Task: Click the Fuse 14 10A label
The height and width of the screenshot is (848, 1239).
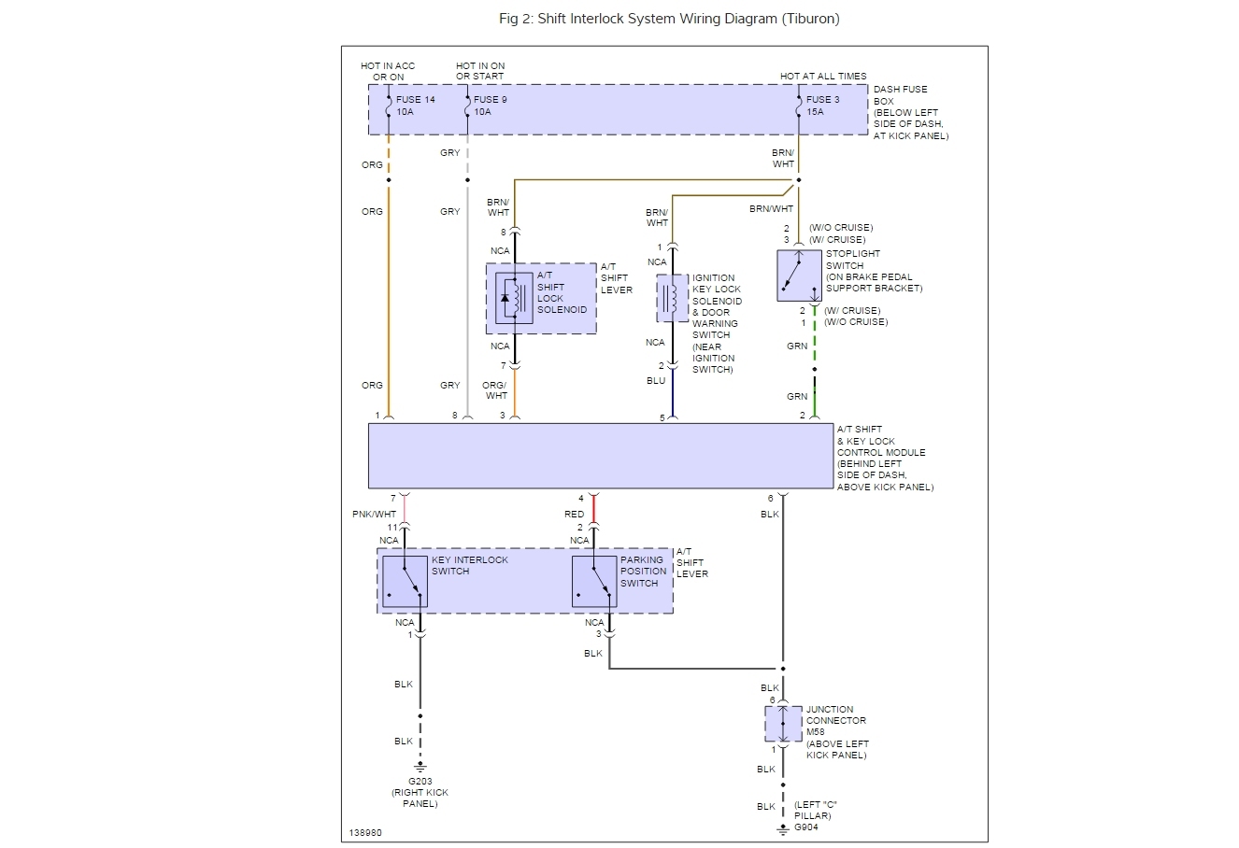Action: coord(415,106)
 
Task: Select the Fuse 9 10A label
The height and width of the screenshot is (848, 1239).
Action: coord(490,106)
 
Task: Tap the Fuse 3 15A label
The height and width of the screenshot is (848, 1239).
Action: coord(822,106)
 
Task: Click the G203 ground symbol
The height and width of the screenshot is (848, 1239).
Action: coord(420,767)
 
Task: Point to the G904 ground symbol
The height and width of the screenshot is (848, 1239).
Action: coord(783,829)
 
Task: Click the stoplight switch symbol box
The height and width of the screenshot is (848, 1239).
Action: coord(799,276)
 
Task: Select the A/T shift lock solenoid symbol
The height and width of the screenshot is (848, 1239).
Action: coord(514,298)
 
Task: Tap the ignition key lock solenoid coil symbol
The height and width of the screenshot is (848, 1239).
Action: coord(672,298)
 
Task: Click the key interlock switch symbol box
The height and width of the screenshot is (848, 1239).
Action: coord(405,581)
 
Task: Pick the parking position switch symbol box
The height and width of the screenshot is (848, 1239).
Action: coord(594,581)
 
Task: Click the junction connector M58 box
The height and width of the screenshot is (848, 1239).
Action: coord(783,724)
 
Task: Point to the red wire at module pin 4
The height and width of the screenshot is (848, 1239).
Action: coord(593,509)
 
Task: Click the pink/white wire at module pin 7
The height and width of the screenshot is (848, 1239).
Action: coord(405,509)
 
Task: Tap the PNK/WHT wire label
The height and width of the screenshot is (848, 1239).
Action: coord(374,514)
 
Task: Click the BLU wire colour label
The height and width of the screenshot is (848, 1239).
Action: coord(655,381)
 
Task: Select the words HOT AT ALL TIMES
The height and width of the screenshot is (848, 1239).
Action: coord(823,77)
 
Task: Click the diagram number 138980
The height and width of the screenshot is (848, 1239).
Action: coord(365,832)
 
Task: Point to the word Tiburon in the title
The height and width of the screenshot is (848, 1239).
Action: coord(810,19)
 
